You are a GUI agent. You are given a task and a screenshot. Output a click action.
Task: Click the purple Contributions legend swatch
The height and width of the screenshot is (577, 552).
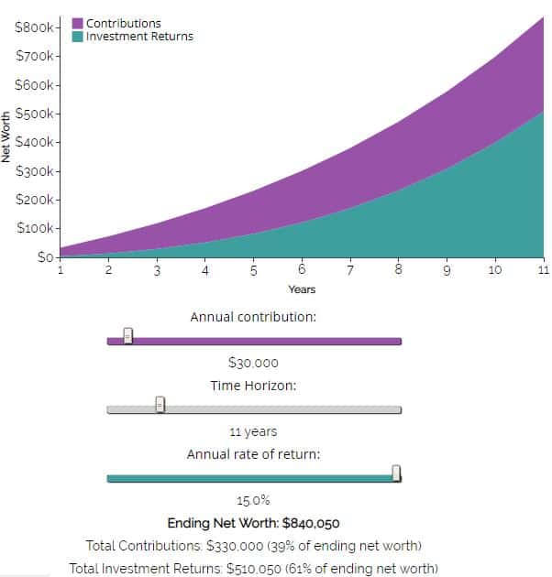[x=78, y=23]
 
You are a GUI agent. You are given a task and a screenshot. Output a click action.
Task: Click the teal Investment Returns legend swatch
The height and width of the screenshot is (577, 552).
[x=78, y=37]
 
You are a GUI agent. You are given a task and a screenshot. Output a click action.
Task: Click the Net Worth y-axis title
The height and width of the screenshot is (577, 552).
[x=7, y=137]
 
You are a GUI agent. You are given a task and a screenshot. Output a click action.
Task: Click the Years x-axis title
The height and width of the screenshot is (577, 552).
[x=302, y=289]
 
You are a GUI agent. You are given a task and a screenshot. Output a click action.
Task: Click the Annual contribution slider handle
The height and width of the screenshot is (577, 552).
[x=128, y=336]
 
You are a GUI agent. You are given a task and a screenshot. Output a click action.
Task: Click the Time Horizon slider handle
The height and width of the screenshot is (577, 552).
[x=160, y=404]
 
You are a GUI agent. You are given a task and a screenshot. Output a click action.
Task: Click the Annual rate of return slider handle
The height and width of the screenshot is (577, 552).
[x=396, y=473]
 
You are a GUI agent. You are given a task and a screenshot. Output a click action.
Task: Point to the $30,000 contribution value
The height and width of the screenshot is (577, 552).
[x=253, y=363]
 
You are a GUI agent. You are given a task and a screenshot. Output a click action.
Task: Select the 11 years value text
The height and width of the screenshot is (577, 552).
[x=253, y=431]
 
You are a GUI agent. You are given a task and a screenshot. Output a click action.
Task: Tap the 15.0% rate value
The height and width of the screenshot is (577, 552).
[x=253, y=500]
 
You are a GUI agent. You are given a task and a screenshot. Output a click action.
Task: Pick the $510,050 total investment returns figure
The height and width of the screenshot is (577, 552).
[x=259, y=568]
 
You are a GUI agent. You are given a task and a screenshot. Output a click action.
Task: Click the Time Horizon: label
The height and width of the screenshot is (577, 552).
[x=253, y=386]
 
